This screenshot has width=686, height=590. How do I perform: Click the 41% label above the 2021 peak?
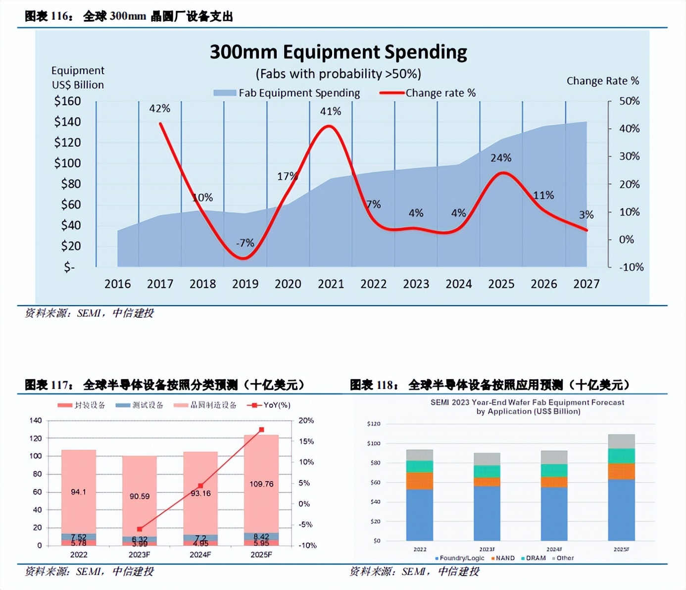[330, 111]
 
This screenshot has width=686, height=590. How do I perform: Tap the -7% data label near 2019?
[245, 243]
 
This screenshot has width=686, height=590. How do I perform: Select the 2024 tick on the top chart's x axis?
[458, 284]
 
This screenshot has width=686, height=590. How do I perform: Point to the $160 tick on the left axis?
[67, 101]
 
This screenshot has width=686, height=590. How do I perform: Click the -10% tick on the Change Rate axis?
[631, 267]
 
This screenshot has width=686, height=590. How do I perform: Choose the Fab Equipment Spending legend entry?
[287, 93]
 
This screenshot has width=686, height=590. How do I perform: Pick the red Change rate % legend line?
[392, 93]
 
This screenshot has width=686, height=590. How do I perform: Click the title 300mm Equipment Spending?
[338, 52]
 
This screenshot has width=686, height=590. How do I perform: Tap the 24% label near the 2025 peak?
[500, 158]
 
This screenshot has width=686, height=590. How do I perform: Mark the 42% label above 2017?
[159, 108]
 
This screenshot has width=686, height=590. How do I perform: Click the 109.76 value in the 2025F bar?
[261, 484]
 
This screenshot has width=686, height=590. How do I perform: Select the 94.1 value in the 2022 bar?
[78, 492]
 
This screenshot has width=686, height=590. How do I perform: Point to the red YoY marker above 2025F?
[261, 430]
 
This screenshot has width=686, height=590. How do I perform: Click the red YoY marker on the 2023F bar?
[140, 529]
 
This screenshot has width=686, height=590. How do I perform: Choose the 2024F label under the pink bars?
[200, 555]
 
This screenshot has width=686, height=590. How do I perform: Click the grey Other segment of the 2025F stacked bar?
[621, 441]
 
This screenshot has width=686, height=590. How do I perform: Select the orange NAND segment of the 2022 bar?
[419, 481]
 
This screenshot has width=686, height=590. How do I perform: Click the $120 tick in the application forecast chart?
[374, 424]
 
